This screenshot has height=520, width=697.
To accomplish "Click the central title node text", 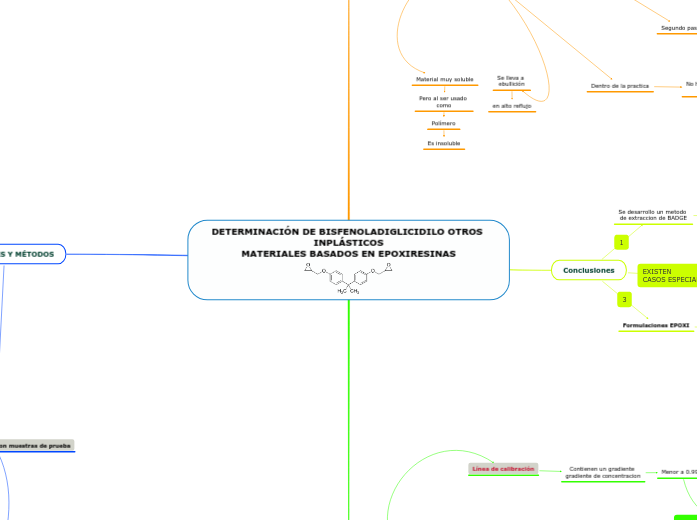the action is [348, 242].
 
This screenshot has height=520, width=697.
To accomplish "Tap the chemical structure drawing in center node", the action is [348, 278].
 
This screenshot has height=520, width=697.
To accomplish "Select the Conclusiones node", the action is [588, 270].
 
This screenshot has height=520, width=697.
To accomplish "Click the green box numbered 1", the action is [621, 242].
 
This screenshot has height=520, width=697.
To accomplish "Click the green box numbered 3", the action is [624, 299].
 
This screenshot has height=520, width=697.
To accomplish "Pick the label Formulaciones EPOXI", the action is [655, 325].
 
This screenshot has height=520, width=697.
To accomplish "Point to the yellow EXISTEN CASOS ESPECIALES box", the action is [667, 275].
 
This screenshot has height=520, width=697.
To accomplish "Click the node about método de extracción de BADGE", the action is [652, 215].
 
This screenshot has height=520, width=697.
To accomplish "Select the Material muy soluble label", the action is [444, 79].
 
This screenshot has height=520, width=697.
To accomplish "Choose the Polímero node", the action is [443, 123].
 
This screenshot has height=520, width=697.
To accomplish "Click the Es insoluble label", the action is [444, 143].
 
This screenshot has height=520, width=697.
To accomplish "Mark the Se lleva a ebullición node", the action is [510, 81].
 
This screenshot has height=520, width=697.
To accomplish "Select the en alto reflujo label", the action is [511, 105].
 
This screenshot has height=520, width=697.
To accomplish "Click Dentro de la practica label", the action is [620, 86].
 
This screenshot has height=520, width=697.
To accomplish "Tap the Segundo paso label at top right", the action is [678, 28].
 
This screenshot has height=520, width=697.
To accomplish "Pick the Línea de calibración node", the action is [503, 468].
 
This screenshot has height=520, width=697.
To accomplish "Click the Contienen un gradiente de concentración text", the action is [602, 472].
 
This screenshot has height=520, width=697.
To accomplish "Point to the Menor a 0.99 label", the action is [678, 471].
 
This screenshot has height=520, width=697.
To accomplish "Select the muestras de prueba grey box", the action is [37, 445].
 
